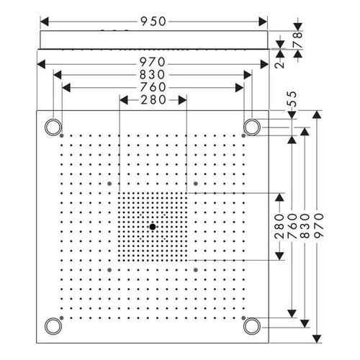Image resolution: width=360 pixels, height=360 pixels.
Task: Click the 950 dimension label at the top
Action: pyautogui.click(x=153, y=22)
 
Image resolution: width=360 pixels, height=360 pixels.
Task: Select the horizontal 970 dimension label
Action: pyautogui.click(x=153, y=62)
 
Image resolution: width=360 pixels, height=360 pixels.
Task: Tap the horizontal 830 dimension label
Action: pyautogui.click(x=153, y=75)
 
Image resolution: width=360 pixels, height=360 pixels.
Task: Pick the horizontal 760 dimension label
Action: pyautogui.click(x=153, y=87)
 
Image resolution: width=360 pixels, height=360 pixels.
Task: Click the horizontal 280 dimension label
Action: pyautogui.click(x=153, y=100)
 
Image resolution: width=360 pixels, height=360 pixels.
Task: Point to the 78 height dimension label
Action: pyautogui.click(x=298, y=40)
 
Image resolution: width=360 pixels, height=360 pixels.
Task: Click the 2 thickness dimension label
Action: pyautogui.click(x=279, y=65)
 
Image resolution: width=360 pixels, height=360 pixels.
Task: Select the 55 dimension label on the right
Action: pyautogui.click(x=292, y=99)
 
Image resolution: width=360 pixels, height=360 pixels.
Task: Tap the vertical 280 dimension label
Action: pyautogui.click(x=279, y=226)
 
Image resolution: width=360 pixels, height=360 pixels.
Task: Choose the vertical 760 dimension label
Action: pyautogui.click(x=292, y=226)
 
